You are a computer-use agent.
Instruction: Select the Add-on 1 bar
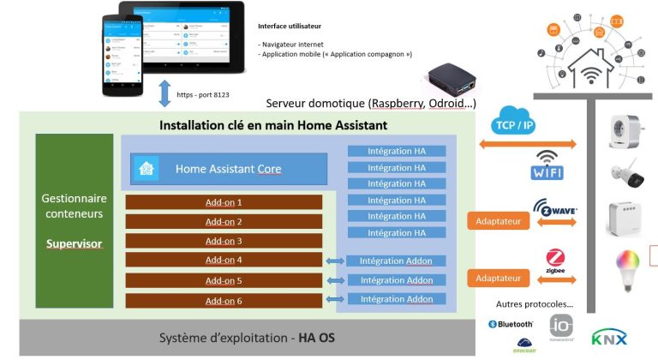[x=224, y=202]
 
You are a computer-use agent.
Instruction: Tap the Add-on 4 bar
[x=224, y=260]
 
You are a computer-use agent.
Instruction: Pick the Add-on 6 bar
[x=224, y=300]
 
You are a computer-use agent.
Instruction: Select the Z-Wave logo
[x=554, y=211]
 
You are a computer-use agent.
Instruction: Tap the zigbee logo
[x=554, y=262]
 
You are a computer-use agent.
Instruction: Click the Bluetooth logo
[x=511, y=324]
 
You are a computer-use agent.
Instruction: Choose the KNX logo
[x=609, y=337]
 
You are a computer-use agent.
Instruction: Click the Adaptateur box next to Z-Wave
[x=496, y=221]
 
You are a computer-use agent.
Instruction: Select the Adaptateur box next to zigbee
[x=496, y=278]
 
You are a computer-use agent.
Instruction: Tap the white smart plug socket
[x=626, y=129]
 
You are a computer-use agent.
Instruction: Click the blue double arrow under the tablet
[x=164, y=93]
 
